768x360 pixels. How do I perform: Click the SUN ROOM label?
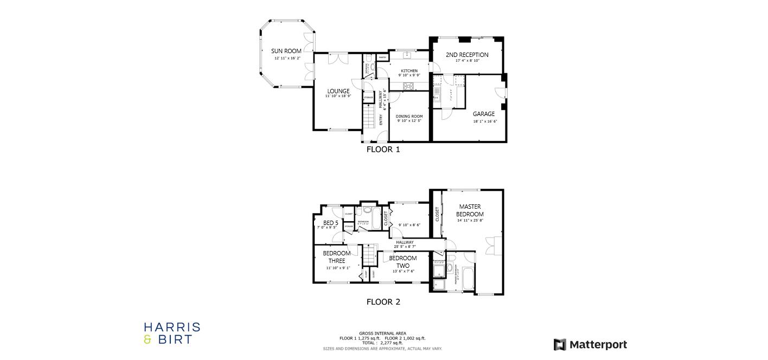(x=286, y=51)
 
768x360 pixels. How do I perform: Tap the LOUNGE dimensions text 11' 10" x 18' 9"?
(x=338, y=96)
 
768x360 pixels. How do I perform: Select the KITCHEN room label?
(x=409, y=71)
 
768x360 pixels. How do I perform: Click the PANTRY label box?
(x=382, y=57)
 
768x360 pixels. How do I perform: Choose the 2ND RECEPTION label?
(x=467, y=55)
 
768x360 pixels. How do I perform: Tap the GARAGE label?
(x=484, y=114)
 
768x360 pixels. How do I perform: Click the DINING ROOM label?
(x=409, y=116)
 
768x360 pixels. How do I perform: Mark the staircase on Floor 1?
(x=369, y=116)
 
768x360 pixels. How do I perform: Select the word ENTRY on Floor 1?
(x=381, y=120)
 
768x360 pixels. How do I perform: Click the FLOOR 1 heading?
(x=383, y=149)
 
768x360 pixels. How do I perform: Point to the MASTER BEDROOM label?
(x=470, y=210)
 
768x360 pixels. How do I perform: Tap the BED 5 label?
(x=331, y=223)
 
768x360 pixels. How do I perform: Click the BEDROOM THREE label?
(x=337, y=257)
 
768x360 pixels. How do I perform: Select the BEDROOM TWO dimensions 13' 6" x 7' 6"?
(x=403, y=271)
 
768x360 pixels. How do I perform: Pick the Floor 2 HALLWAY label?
(x=405, y=242)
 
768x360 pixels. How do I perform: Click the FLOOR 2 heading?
(x=383, y=302)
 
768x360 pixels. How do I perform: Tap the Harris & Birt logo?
(x=172, y=333)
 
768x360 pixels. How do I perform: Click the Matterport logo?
(x=590, y=344)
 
